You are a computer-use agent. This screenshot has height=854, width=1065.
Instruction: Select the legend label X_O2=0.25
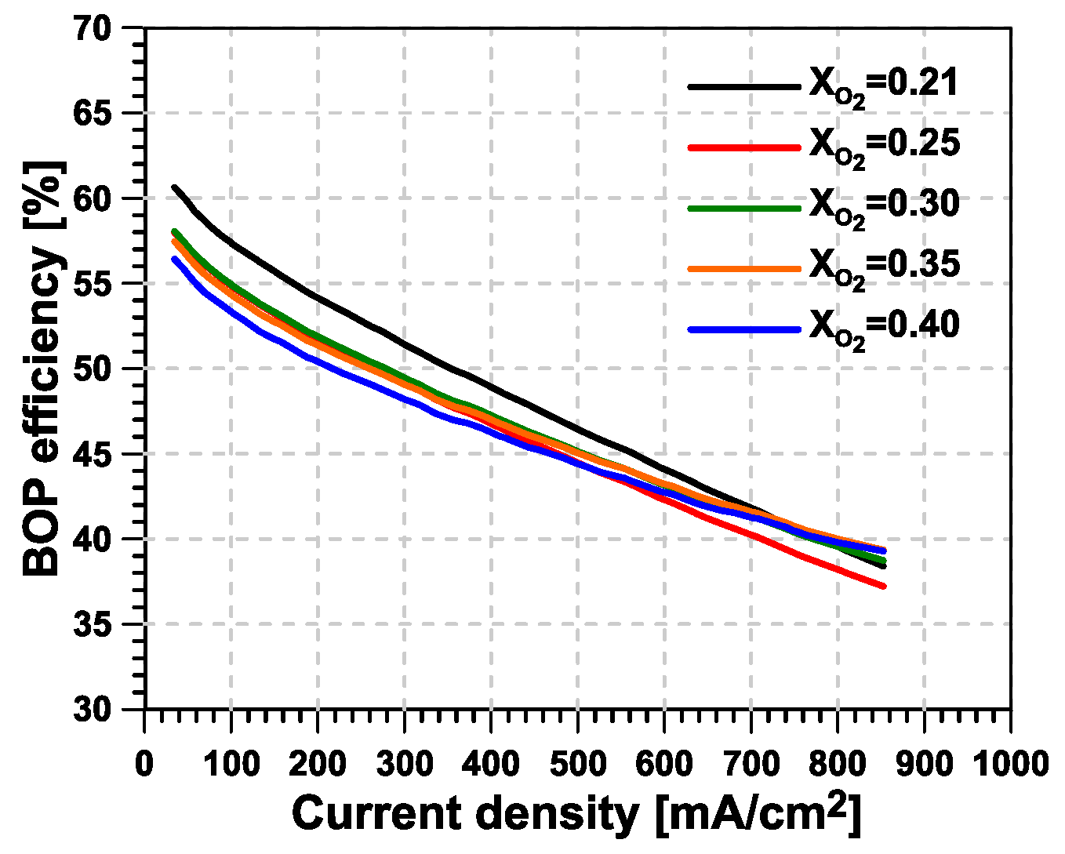pos(884,145)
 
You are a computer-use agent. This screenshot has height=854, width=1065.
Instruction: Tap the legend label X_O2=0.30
pos(884,205)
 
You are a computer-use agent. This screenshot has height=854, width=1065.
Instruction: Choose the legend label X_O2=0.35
pos(884,266)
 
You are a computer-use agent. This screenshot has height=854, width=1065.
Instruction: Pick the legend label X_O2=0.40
pos(884,326)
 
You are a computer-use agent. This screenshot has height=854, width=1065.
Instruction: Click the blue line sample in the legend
pos(744,329)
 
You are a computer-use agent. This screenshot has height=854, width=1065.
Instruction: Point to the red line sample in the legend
pos(744,147)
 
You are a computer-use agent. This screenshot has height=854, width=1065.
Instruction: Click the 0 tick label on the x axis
pos(144,763)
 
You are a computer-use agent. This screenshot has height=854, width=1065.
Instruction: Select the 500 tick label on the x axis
pos(577,763)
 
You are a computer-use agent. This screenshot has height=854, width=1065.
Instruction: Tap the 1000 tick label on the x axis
pos(1009,763)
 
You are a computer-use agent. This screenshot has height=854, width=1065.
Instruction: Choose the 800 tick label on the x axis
pos(837,763)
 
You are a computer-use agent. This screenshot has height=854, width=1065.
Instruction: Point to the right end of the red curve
pos(884,586)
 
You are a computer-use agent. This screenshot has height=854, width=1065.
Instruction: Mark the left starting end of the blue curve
pos(175,259)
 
